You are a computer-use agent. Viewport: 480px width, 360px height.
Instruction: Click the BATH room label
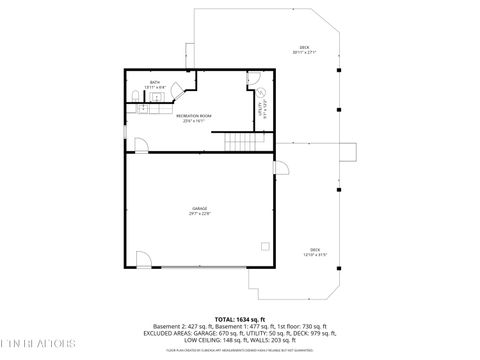(x=155, y=83)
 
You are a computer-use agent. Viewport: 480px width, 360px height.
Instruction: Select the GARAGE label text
(x=200, y=208)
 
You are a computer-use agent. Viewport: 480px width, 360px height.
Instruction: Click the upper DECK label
(x=304, y=48)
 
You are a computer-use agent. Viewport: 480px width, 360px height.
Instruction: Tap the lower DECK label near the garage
(x=315, y=250)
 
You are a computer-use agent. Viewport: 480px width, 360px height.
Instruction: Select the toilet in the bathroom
(x=134, y=97)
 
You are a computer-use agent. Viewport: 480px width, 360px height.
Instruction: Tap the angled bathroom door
(x=177, y=91)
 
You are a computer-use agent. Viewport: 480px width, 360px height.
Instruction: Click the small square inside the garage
(x=264, y=245)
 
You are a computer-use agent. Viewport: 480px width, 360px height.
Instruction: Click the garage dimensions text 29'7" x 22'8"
(x=200, y=214)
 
